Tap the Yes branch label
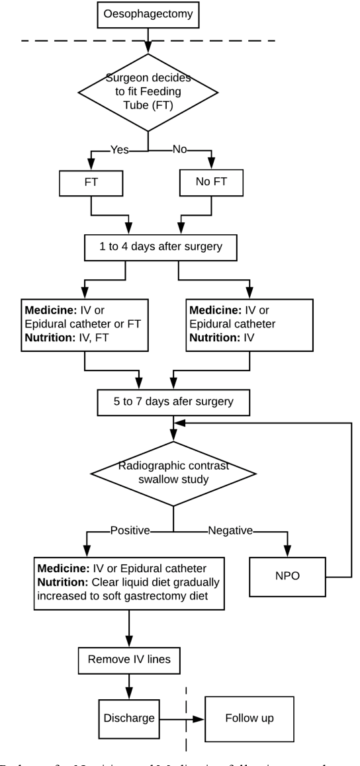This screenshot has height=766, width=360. click(119, 150)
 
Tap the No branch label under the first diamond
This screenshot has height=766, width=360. click(180, 150)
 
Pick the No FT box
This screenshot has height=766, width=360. click(211, 183)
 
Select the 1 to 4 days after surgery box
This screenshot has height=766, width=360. click(160, 247)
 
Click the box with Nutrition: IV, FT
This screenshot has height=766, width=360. click(84, 325)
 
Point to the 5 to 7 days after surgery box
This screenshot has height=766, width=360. click(173, 401)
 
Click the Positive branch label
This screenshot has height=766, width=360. click(130, 530)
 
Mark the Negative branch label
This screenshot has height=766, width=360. click(230, 530)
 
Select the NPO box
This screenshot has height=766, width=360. click(287, 577)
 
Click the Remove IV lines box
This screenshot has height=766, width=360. click(128, 659)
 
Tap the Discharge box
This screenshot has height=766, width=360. click(129, 718)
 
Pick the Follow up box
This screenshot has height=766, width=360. click(249, 718)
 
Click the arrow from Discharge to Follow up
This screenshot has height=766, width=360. click(182, 718)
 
